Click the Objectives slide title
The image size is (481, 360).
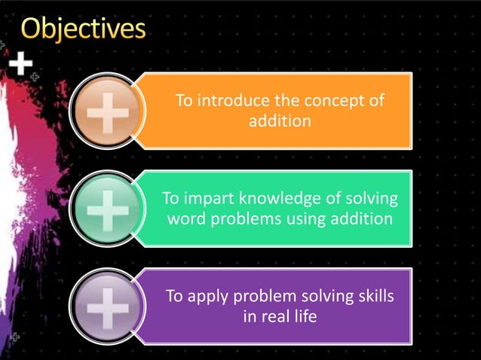83,29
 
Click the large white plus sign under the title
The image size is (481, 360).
21,65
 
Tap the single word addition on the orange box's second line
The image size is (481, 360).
280,121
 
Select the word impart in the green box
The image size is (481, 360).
209,199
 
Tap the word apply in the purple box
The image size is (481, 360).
209,297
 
